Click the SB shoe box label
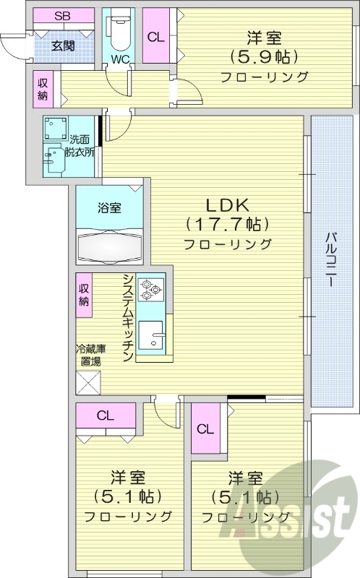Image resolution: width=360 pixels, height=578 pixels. pos(63,15)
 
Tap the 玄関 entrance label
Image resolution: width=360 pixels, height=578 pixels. pos(62,45)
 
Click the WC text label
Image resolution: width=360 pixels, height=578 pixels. pos(119,60)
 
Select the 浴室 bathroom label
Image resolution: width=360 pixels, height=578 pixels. pos(110,207)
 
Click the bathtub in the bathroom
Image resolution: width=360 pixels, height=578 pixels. pos(111,246)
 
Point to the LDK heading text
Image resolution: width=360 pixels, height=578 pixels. pos(227,203)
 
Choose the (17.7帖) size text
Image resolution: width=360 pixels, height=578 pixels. pos(227,223)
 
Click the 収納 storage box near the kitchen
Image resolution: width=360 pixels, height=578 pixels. pos(85,296)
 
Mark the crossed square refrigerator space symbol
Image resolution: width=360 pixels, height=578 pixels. pos(88,381)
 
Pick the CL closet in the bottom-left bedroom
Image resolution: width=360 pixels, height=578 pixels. pos(106,415)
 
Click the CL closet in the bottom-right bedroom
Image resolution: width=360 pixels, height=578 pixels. pos(205,428)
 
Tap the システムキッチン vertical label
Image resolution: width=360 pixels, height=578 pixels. pos(128,317)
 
